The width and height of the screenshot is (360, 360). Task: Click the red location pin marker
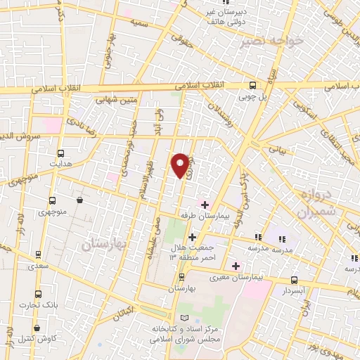(181, 165)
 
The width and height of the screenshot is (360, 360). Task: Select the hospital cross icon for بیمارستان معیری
(236, 266)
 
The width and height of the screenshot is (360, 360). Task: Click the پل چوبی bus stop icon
(252, 84)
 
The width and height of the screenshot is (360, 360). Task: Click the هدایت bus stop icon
(61, 153)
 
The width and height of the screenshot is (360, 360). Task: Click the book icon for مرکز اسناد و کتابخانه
(185, 319)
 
